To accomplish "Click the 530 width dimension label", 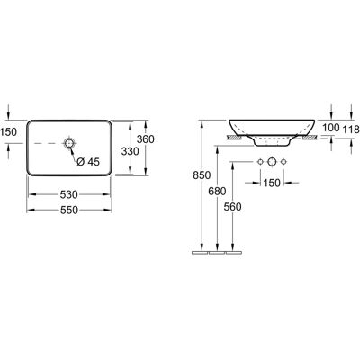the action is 69,194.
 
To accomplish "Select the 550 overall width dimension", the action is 69,211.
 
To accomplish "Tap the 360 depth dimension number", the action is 145,139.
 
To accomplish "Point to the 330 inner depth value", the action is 130,151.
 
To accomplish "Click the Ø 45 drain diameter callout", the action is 88,162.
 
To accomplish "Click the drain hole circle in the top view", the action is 69,143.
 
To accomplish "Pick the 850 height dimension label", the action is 202,175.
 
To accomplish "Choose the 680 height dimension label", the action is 217,191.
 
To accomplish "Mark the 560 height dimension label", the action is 232,207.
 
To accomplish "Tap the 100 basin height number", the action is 331,128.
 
